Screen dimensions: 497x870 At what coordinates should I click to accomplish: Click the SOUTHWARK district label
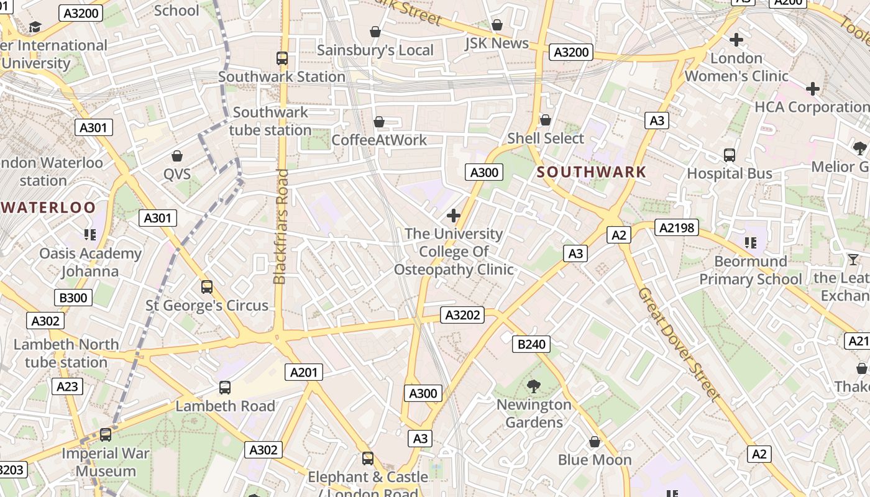click(x=591, y=172)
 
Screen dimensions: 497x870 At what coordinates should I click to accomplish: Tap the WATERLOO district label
click(x=48, y=207)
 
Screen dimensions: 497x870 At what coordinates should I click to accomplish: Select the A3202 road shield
click(x=463, y=315)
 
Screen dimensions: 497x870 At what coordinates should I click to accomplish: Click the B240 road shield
click(x=531, y=344)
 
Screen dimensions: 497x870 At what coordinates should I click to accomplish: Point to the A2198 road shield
click(x=677, y=228)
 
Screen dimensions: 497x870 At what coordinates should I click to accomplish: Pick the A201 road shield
click(x=304, y=372)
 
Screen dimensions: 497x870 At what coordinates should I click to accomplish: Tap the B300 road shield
click(x=73, y=298)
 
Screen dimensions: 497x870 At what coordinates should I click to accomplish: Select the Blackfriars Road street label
click(x=281, y=227)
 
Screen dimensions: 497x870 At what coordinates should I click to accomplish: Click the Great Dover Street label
click(x=679, y=343)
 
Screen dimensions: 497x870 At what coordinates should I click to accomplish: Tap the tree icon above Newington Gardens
click(x=533, y=386)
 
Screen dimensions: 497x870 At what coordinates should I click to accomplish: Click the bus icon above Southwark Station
click(x=282, y=58)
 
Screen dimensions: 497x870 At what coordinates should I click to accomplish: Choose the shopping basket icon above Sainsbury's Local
click(x=375, y=31)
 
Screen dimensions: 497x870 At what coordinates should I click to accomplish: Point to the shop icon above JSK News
click(x=497, y=25)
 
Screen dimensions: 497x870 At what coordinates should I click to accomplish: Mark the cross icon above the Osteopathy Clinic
click(x=454, y=216)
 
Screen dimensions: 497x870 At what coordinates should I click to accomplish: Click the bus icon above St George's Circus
click(x=207, y=287)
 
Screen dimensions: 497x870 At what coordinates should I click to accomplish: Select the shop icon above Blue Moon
click(x=595, y=442)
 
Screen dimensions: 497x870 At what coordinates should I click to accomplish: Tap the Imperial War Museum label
click(x=106, y=462)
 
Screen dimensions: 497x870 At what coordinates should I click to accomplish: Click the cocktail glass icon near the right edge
click(x=853, y=259)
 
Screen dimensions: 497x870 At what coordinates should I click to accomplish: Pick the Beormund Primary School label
click(x=751, y=270)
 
